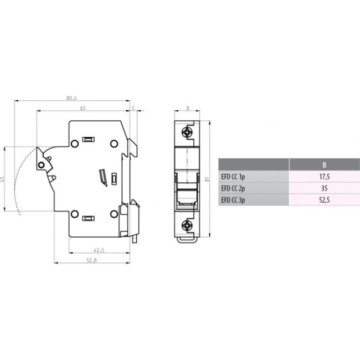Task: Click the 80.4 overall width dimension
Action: pos(71,98)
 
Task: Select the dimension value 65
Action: pos(83,108)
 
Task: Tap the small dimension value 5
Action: pos(133,108)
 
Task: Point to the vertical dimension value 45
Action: pos(3,179)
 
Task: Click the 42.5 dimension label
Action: pos(99,250)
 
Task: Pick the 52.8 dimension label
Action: pos(90,261)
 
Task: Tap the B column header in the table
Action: pos(324,165)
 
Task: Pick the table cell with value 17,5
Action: pos(324,177)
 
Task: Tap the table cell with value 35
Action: pos(324,188)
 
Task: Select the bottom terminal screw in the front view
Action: pos(188,224)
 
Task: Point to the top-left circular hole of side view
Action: pos(74,143)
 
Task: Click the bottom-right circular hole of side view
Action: pos(114,214)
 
